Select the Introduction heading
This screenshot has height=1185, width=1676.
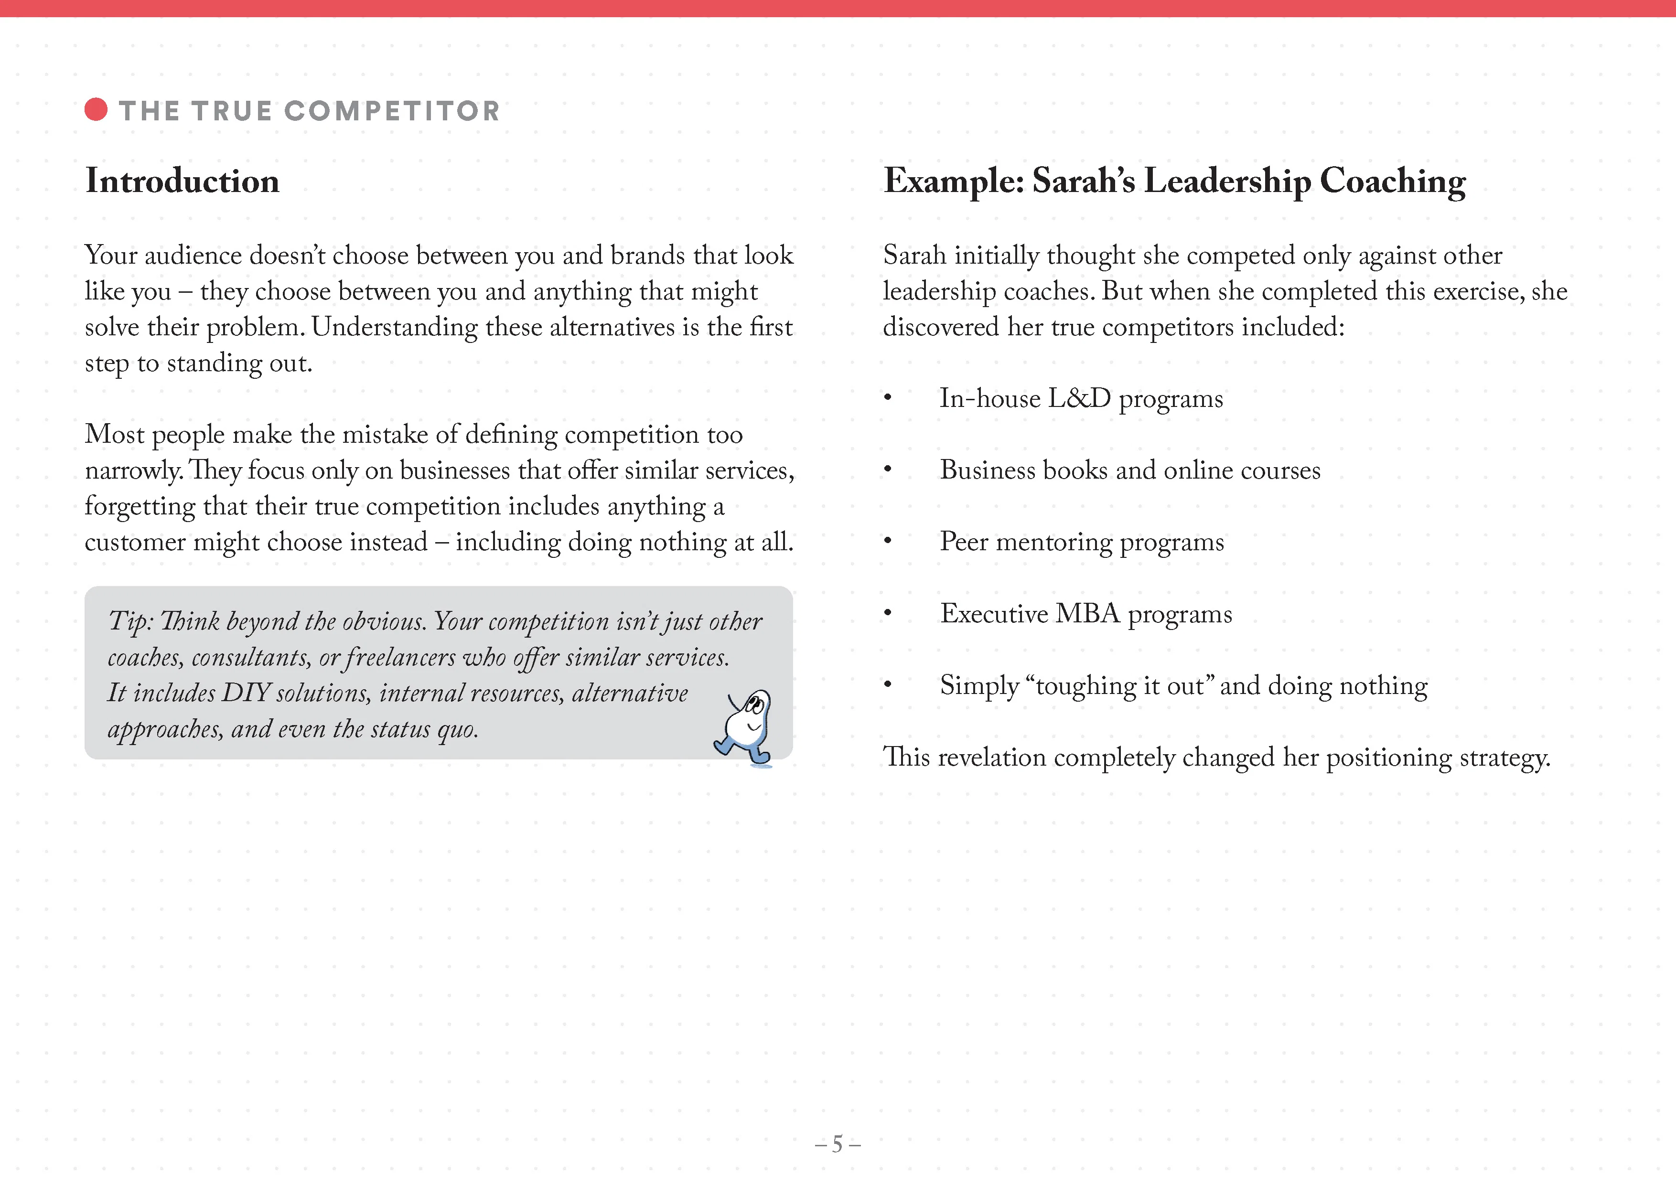click(183, 181)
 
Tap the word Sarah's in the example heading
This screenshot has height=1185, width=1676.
click(1083, 181)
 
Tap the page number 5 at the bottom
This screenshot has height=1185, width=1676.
click(837, 1143)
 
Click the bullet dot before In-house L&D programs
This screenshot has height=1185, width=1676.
click(888, 398)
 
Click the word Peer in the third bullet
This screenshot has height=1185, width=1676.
click(964, 542)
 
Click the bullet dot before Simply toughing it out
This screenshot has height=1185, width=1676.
click(888, 684)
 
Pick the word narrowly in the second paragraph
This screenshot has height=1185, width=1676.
click(133, 470)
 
